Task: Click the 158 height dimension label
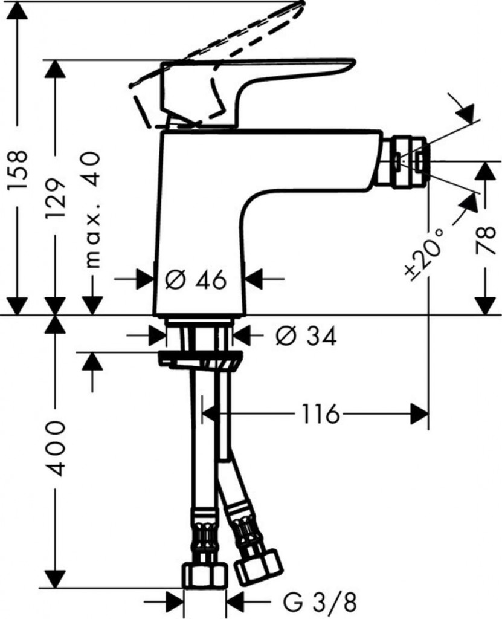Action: pyautogui.click(x=19, y=169)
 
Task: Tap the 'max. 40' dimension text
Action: pyautogui.click(x=92, y=210)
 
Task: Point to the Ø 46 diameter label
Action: pyautogui.click(x=196, y=280)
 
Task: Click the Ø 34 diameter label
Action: pyautogui.click(x=306, y=336)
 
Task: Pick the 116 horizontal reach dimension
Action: pyautogui.click(x=320, y=414)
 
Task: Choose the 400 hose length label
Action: pyautogui.click(x=55, y=449)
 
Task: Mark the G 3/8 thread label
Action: pyautogui.click(x=320, y=603)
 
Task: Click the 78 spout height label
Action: pyautogui.click(x=485, y=241)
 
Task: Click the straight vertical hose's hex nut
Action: pyautogui.click(x=204, y=575)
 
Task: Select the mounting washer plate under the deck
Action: pyautogui.click(x=199, y=359)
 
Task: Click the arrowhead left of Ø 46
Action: pyautogui.click(x=145, y=279)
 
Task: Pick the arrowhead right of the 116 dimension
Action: pyautogui.click(x=419, y=414)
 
